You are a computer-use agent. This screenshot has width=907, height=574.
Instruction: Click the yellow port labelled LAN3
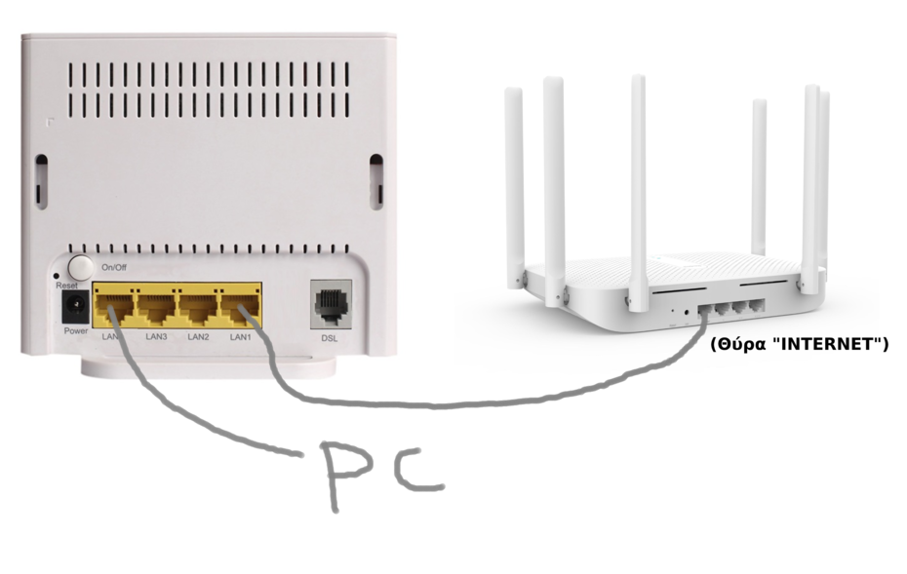click(x=156, y=307)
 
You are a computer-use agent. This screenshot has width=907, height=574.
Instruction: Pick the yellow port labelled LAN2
click(x=198, y=307)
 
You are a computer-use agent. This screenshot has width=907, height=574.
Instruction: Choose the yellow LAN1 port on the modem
click(x=240, y=307)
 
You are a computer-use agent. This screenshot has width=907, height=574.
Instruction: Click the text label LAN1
click(x=241, y=336)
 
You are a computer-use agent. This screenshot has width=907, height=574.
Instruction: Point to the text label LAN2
click(x=199, y=336)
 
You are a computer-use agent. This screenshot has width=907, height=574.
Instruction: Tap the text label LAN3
click(x=156, y=336)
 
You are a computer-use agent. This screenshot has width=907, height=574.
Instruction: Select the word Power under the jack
click(x=76, y=331)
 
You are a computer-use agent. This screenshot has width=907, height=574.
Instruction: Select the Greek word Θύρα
click(x=734, y=344)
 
